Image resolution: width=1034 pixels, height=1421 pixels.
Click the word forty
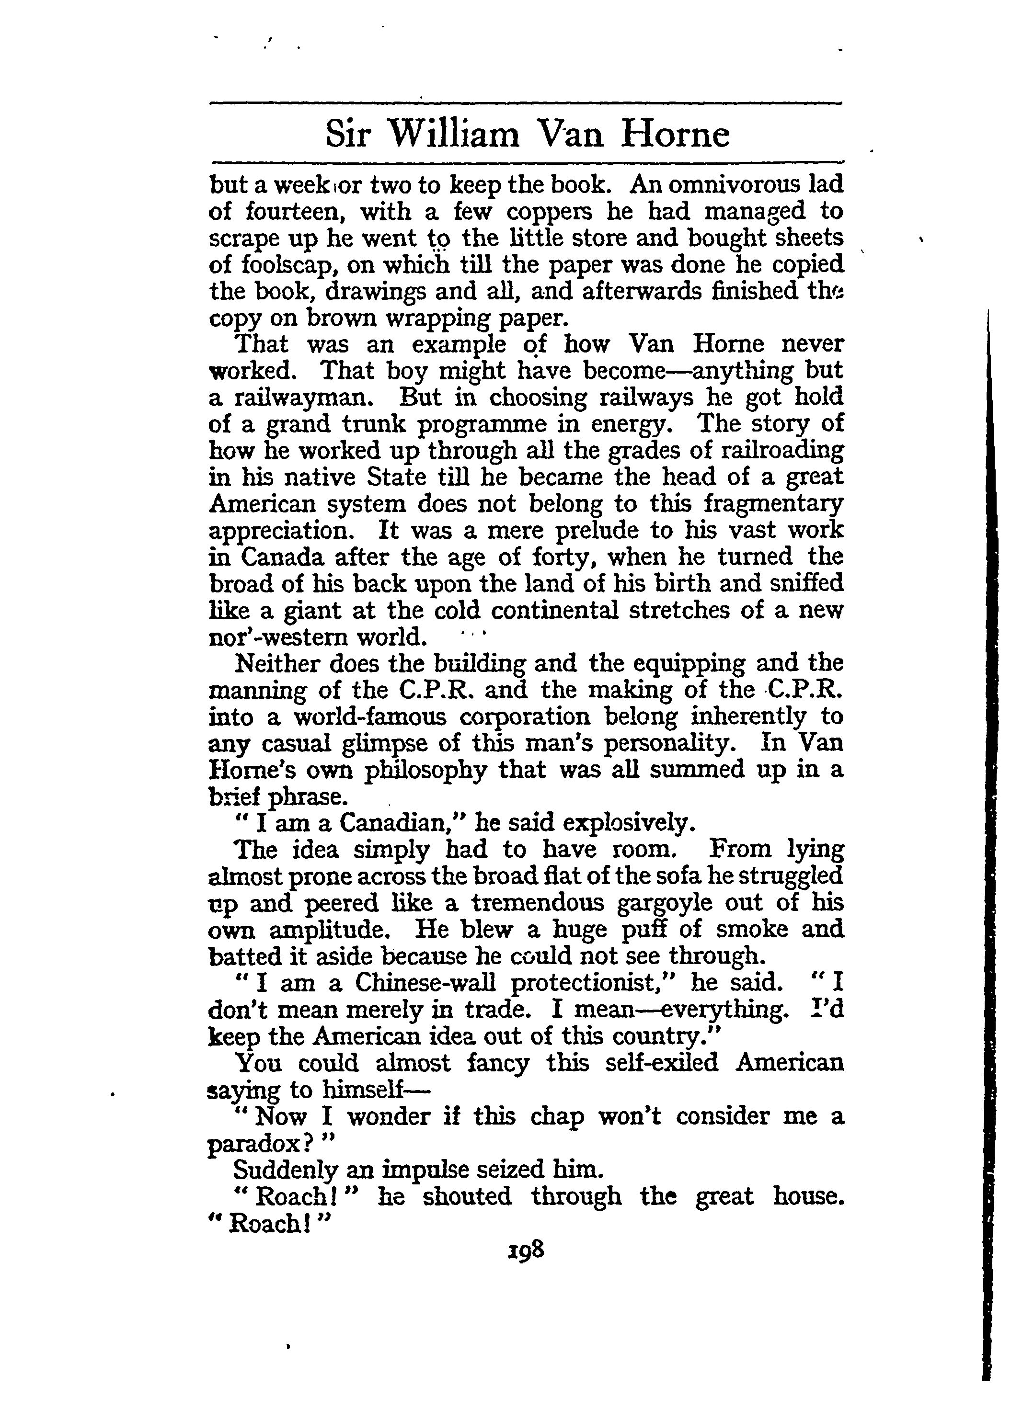tap(566, 557)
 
